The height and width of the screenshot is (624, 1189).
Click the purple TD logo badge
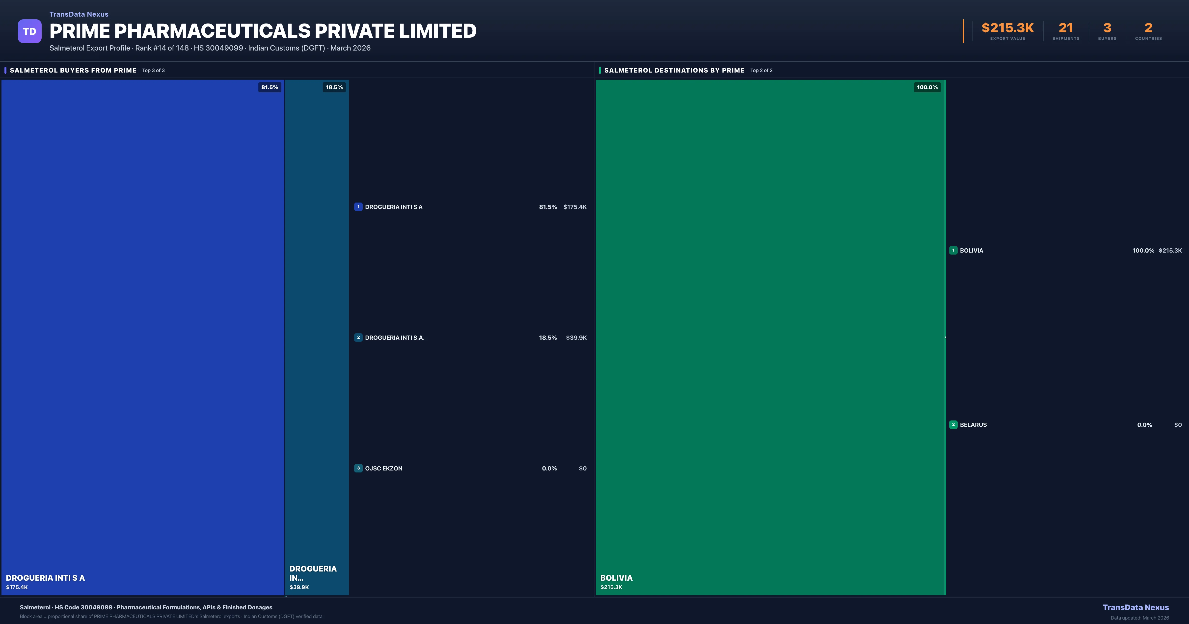click(29, 31)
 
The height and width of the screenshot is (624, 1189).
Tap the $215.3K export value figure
click(1008, 28)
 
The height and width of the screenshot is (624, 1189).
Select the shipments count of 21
click(1066, 28)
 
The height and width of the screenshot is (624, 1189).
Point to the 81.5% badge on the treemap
click(270, 87)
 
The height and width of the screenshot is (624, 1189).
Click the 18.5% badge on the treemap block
click(334, 87)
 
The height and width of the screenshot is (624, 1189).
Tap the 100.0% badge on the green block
click(927, 87)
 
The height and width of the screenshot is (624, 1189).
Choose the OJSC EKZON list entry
click(383, 468)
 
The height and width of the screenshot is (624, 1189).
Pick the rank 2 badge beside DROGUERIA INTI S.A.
click(358, 338)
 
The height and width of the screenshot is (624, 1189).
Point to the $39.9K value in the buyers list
click(576, 338)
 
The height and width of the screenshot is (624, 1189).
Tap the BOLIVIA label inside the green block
click(616, 578)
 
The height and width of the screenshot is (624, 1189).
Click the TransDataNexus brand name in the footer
click(1135, 607)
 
